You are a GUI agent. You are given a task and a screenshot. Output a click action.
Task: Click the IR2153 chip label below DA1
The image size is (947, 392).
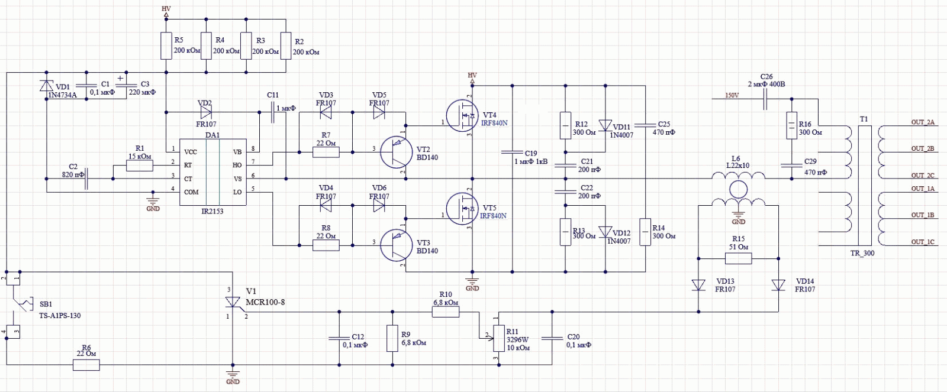click(212, 211)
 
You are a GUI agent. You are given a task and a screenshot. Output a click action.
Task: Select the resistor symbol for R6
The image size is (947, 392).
click(86, 365)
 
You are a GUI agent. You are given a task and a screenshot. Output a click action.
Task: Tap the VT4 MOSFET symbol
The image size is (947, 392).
click(462, 115)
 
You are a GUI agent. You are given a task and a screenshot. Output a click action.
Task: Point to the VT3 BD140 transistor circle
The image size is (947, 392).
click(396, 245)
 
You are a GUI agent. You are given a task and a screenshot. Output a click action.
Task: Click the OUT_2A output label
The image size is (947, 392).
click(923, 122)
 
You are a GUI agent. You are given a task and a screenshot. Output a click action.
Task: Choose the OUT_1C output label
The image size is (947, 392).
click(923, 242)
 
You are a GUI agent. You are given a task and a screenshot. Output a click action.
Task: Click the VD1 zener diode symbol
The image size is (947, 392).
click(47, 86)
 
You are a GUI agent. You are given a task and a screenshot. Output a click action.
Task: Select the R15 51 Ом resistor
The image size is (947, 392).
click(739, 258)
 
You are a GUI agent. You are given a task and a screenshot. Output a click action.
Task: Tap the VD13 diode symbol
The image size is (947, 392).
click(698, 286)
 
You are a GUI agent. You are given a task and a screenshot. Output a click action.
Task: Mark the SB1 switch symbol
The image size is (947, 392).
click(21, 304)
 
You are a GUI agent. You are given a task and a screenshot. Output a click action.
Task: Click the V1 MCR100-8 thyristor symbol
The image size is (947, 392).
click(233, 302)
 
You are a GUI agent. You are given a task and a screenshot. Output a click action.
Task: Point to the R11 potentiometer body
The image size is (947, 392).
click(499, 338)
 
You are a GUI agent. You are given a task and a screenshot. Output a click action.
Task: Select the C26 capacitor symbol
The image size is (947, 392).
click(765, 99)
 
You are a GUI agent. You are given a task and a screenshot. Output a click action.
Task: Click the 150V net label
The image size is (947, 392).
click(732, 95)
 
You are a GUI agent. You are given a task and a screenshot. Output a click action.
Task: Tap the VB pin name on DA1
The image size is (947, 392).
click(237, 152)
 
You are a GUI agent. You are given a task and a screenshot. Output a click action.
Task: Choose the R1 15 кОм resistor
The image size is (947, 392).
click(140, 166)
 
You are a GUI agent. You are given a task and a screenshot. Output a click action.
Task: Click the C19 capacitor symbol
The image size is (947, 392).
click(513, 152)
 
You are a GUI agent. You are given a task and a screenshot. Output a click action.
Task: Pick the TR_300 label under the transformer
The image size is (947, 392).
click(862, 254)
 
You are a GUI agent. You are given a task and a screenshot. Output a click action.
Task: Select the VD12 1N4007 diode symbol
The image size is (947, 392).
click(605, 232)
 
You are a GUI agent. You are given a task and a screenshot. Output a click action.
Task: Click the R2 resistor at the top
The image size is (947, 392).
click(286, 46)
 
